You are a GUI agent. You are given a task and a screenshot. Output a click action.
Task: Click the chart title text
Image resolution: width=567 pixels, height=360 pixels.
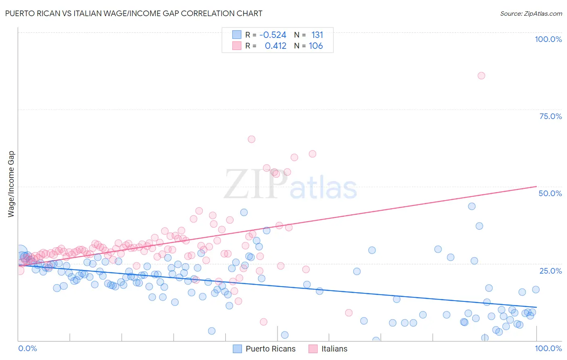click(x=133, y=13)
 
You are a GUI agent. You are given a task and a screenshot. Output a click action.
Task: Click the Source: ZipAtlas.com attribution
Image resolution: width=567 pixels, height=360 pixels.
click(x=531, y=13)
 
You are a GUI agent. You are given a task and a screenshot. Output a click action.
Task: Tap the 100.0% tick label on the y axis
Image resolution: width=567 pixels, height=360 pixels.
click(x=548, y=39)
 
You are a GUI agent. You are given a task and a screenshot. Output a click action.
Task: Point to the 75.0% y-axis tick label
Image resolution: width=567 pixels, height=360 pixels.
click(x=550, y=116)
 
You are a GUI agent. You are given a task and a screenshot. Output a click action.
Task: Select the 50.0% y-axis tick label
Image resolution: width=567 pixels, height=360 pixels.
click(x=550, y=193)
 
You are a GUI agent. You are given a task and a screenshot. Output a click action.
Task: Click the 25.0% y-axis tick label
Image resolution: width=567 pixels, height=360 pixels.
click(x=550, y=270)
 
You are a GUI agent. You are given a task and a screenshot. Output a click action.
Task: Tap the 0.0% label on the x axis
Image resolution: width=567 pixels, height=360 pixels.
click(x=27, y=348)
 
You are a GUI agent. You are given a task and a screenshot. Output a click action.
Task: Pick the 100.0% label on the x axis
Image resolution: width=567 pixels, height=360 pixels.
click(x=548, y=348)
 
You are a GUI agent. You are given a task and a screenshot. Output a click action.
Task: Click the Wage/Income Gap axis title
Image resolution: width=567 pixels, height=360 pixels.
click(x=11, y=184)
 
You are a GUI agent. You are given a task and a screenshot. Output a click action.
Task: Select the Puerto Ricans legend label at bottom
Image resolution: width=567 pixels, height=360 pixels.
click(x=270, y=349)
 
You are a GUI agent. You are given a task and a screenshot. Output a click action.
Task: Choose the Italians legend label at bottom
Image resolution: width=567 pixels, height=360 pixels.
click(x=334, y=349)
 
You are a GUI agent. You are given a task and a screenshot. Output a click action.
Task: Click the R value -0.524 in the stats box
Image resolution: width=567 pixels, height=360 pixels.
click(x=273, y=35)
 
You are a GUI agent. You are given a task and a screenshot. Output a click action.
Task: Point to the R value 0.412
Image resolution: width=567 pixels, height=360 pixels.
click(x=275, y=46)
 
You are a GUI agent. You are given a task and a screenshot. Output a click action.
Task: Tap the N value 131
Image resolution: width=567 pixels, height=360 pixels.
click(x=317, y=35)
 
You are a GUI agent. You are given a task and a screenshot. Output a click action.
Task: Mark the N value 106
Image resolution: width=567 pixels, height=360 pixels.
click(x=316, y=46)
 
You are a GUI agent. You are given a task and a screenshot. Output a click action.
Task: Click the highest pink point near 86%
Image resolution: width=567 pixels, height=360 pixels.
click(x=481, y=75)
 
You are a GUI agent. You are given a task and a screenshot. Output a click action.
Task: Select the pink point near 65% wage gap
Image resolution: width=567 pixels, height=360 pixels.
click(x=251, y=139)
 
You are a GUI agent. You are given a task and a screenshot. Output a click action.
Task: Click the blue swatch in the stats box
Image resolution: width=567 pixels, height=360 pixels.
click(x=237, y=35)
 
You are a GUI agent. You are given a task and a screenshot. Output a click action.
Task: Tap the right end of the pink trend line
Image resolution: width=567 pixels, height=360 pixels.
click(x=536, y=186)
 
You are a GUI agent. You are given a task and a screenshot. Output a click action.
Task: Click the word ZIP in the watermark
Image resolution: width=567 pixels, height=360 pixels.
click(x=256, y=185)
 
